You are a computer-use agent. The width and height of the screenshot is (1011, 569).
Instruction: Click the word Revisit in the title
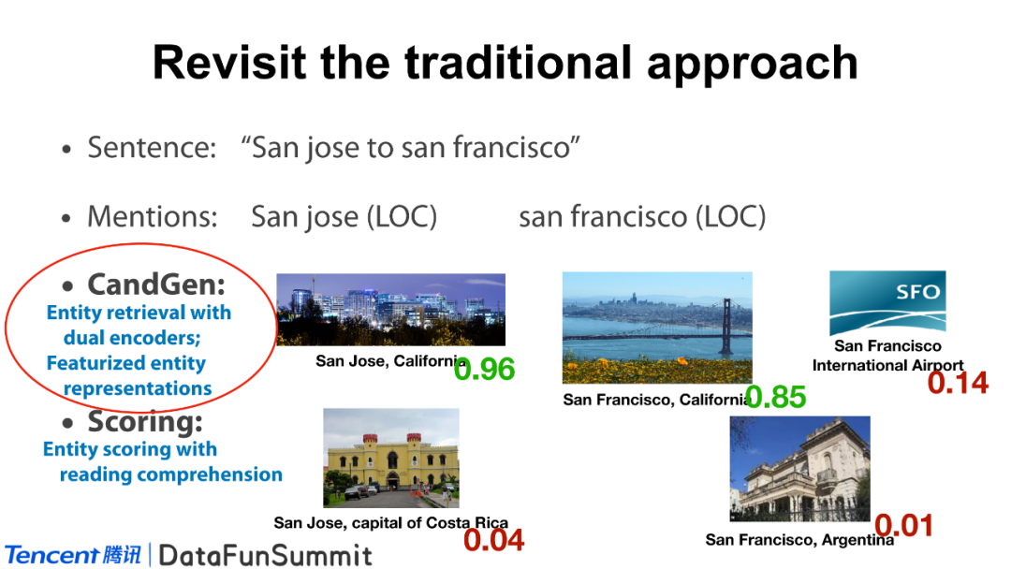(x=229, y=63)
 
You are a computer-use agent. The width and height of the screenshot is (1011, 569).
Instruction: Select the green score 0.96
(x=484, y=370)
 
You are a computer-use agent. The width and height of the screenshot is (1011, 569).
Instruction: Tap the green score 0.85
(x=776, y=397)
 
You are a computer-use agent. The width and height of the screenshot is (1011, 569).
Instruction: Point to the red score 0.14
(x=959, y=383)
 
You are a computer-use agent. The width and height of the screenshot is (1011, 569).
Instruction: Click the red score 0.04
(x=494, y=540)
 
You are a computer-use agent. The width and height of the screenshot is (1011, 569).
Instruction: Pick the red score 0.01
(x=904, y=526)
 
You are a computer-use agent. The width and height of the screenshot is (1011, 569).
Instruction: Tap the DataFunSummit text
(x=266, y=556)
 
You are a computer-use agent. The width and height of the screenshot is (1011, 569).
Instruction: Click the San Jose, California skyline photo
(x=390, y=310)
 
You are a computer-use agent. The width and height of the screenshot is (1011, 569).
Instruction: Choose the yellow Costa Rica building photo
(x=391, y=458)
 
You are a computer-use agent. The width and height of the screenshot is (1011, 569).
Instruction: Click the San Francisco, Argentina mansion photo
(x=799, y=469)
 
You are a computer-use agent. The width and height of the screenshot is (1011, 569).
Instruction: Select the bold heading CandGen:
(x=156, y=284)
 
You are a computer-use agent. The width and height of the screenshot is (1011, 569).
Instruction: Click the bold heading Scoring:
(x=145, y=422)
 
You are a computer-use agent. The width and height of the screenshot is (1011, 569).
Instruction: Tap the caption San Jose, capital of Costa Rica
(x=390, y=522)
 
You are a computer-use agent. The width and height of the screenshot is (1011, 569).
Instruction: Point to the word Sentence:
(x=153, y=148)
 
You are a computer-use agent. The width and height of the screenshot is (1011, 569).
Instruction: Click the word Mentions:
(x=153, y=216)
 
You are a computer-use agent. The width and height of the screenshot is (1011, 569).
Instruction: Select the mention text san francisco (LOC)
(x=642, y=217)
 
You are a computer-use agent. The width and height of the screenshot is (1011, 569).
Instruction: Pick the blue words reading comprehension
(x=171, y=474)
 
